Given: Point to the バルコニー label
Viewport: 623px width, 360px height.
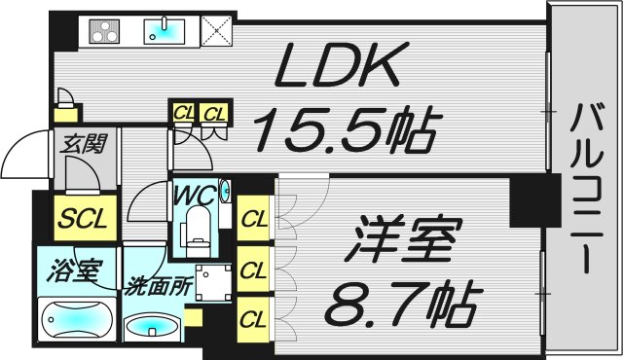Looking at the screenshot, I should coord(585,185).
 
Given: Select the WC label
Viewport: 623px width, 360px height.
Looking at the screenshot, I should coord(194,195).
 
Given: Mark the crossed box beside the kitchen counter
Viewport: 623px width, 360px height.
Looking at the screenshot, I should coord(217,31).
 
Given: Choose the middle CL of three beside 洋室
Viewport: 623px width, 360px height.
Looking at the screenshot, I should coord(254,270).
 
